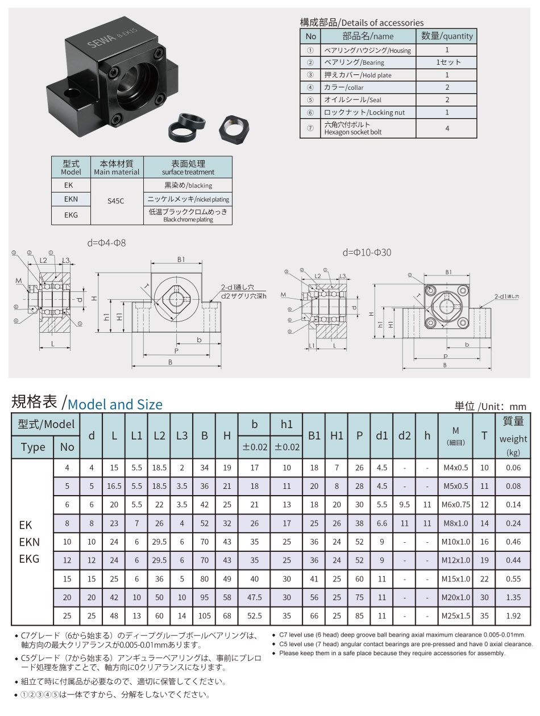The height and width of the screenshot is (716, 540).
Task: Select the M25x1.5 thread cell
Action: [x=456, y=615]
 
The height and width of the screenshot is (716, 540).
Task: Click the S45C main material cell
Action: [x=117, y=200]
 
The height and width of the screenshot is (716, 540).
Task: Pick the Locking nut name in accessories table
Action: [x=364, y=112]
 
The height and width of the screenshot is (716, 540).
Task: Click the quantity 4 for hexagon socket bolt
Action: [x=447, y=128]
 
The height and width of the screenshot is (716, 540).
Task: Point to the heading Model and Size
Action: [x=115, y=404]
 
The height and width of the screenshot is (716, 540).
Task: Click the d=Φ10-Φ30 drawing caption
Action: [x=367, y=252]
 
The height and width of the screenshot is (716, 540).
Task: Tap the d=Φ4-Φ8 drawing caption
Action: [x=107, y=243]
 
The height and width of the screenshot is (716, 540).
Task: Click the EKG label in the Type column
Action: [x=30, y=559]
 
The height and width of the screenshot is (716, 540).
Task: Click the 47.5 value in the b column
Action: [x=255, y=597]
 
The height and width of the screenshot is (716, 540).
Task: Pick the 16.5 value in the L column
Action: [x=114, y=486]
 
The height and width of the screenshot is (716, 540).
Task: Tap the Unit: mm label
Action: [x=491, y=406]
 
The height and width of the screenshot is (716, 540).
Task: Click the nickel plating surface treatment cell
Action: [x=188, y=200]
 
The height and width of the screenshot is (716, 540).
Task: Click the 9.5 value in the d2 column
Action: [x=404, y=504]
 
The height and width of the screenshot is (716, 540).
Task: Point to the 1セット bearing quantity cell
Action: [x=447, y=62]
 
